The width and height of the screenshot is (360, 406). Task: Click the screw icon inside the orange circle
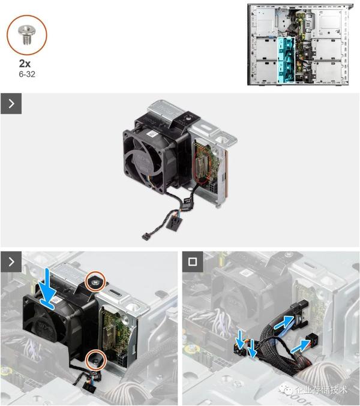coord(26,35)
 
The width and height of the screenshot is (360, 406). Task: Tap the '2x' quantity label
coord(25,64)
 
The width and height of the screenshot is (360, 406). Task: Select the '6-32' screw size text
coord(27,74)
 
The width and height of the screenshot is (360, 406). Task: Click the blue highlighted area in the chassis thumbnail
coord(286,60)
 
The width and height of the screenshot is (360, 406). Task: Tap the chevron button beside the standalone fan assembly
coord(11,104)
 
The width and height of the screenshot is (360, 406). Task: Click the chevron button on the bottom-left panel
coord(11,262)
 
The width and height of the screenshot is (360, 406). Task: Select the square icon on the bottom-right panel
coord(193,262)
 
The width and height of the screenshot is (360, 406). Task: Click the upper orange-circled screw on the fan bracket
coord(95,281)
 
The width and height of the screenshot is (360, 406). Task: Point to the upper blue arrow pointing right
coord(284,322)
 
